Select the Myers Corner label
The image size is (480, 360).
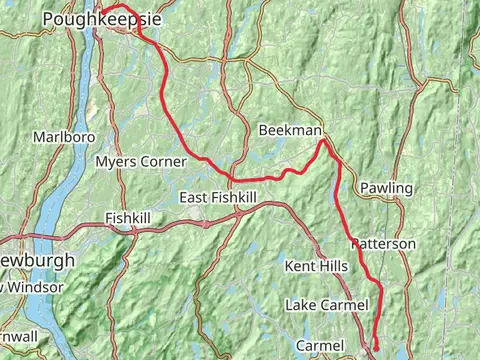(135, 161)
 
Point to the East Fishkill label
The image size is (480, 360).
(217, 199)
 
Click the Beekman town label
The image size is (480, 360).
(289, 131)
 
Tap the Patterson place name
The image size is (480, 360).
(383, 243)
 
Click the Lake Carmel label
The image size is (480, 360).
(326, 304)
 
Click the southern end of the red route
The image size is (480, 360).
(376, 349)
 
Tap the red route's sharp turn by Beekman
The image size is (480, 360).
(322, 142)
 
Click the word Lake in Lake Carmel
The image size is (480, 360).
(303, 304)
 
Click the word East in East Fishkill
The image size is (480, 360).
(194, 199)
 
